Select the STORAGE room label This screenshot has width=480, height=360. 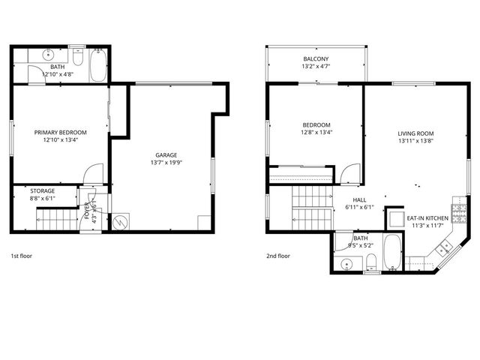point(43,191)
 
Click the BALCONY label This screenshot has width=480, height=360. point(316,58)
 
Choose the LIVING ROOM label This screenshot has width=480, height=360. point(415,133)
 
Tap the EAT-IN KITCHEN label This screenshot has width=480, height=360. point(427,218)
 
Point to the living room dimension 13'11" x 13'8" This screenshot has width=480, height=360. point(415,141)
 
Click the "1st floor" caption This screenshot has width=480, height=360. point(21,256)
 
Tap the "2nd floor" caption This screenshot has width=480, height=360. point(277,256)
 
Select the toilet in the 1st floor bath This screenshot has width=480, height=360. point(79,59)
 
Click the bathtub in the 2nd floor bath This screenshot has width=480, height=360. point(393,253)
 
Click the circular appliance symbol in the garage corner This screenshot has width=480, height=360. point(119,222)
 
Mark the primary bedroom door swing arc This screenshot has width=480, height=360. point(91,173)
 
